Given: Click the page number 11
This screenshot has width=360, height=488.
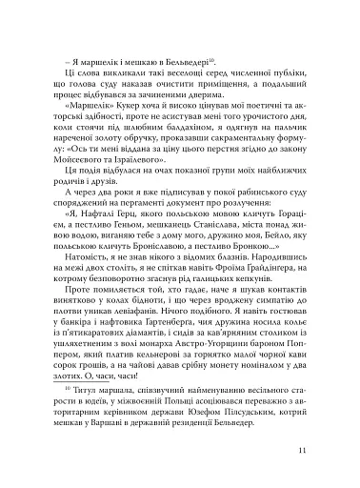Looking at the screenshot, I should click(x=327, y=452).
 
